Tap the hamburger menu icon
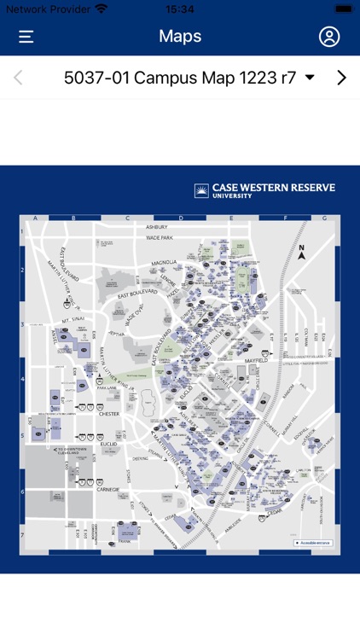pos(26,37)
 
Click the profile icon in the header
pos(329,37)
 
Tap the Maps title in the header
pos(180,36)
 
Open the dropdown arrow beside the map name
pos(310,78)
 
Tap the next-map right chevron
pos(341,78)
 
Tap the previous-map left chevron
pos(18,78)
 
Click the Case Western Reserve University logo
pos(264,190)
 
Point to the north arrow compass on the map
pos(301,251)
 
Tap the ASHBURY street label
pos(156,227)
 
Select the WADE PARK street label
pos(159,237)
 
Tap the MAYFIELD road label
pos(256,361)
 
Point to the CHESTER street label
pos(109,414)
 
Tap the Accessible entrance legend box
pos(313,542)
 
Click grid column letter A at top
pos(35,218)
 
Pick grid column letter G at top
pos(324,218)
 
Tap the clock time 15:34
pos(180,9)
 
